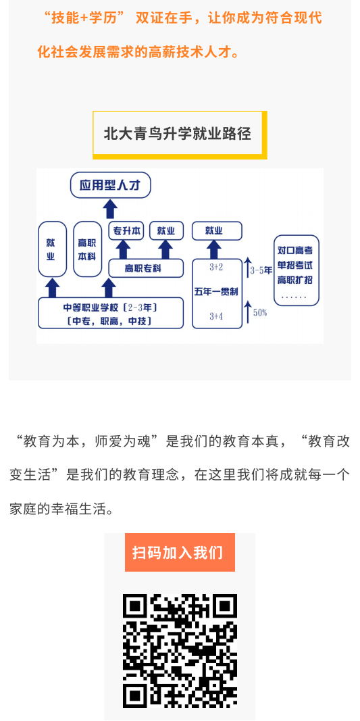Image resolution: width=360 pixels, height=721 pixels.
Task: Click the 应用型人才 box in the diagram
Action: pyautogui.click(x=110, y=185)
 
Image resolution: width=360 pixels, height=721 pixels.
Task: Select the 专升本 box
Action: pyautogui.click(x=126, y=231)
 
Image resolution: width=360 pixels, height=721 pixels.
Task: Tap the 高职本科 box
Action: pyautogui.click(x=87, y=249)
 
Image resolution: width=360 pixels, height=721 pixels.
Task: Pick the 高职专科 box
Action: pyautogui.click(x=146, y=268)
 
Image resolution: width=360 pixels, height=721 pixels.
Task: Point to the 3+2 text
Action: pyautogui.click(x=216, y=267)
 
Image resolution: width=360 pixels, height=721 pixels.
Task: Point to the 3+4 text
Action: pyautogui.click(x=216, y=316)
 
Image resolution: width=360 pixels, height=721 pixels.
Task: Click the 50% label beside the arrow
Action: pyautogui.click(x=260, y=313)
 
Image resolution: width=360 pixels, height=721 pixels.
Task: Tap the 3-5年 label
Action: pyautogui.click(x=261, y=271)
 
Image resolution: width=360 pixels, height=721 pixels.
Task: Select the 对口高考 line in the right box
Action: pyautogui.click(x=296, y=251)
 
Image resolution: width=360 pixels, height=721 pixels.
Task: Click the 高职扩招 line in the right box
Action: pyautogui.click(x=296, y=280)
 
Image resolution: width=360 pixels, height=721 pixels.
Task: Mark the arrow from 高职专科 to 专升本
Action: pyautogui.click(x=123, y=250)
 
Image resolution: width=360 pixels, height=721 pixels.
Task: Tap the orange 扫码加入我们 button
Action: pyautogui.click(x=180, y=552)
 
